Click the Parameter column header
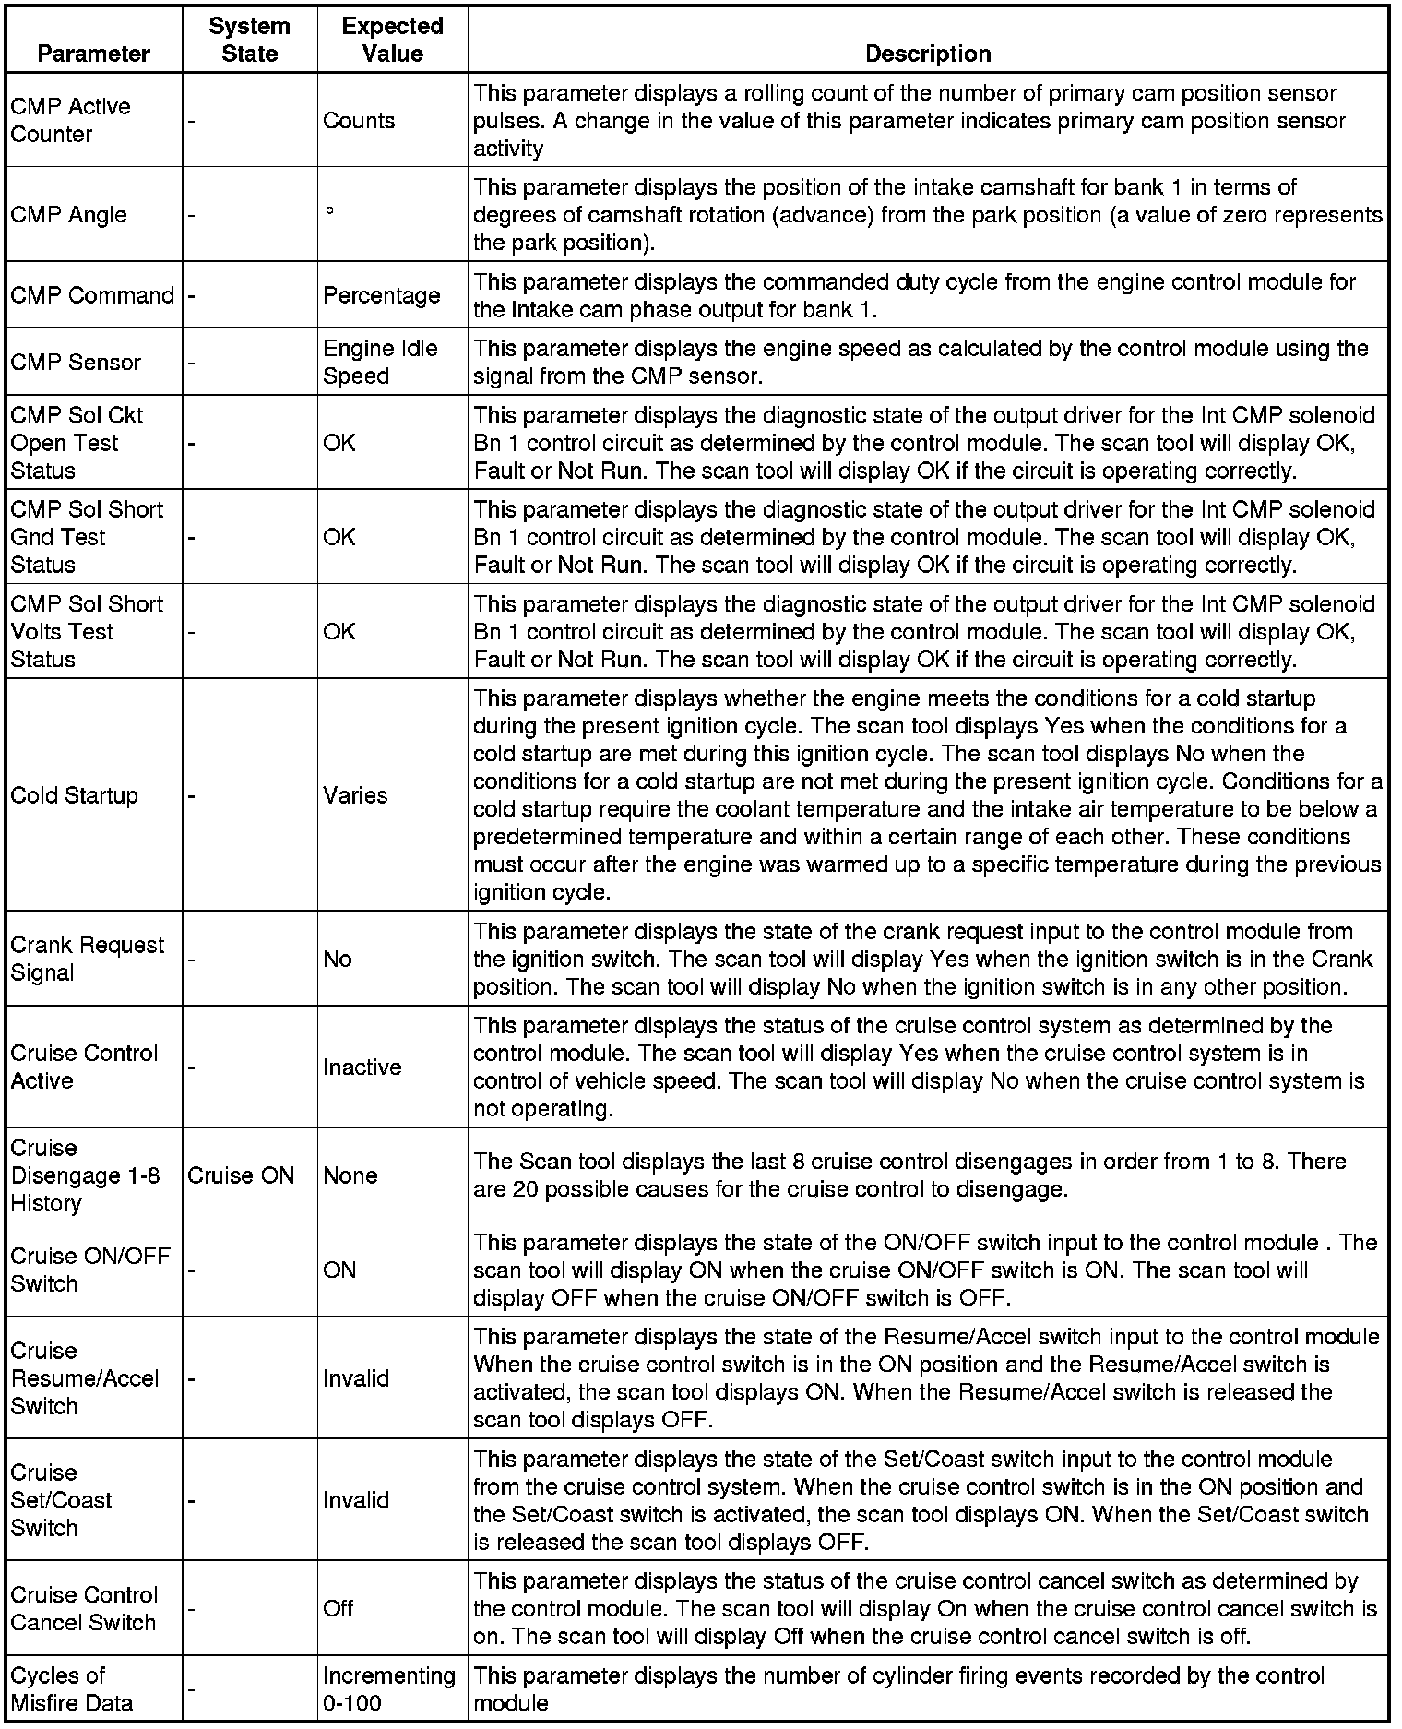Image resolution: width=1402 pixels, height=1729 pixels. (x=93, y=54)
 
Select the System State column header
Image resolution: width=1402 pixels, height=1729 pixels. (x=249, y=40)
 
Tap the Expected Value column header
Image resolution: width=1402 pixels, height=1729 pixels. (x=392, y=40)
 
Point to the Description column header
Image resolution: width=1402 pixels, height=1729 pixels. (x=927, y=54)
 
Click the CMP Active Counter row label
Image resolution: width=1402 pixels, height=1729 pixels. (x=70, y=120)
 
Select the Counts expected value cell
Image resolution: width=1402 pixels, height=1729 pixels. (x=359, y=121)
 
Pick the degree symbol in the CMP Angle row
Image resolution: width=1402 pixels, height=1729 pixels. (x=329, y=211)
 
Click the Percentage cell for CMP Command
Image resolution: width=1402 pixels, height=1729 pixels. (x=381, y=295)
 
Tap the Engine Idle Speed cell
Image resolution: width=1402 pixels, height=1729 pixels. (x=379, y=362)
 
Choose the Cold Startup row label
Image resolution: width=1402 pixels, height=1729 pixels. (x=74, y=795)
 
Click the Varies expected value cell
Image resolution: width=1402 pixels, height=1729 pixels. (x=355, y=795)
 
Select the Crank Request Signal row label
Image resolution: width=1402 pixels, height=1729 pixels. (x=87, y=959)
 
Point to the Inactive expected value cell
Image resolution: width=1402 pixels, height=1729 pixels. (x=362, y=1067)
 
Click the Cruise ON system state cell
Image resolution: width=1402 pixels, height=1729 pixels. (x=240, y=1175)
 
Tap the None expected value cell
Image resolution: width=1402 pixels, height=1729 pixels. (x=350, y=1175)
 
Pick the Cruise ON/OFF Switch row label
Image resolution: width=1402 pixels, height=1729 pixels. (x=89, y=1270)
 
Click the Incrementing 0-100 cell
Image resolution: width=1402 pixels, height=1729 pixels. (x=388, y=1689)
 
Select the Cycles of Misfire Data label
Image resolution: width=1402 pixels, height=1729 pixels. (x=71, y=1689)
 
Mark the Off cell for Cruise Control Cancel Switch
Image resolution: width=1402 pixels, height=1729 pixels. (x=338, y=1608)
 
